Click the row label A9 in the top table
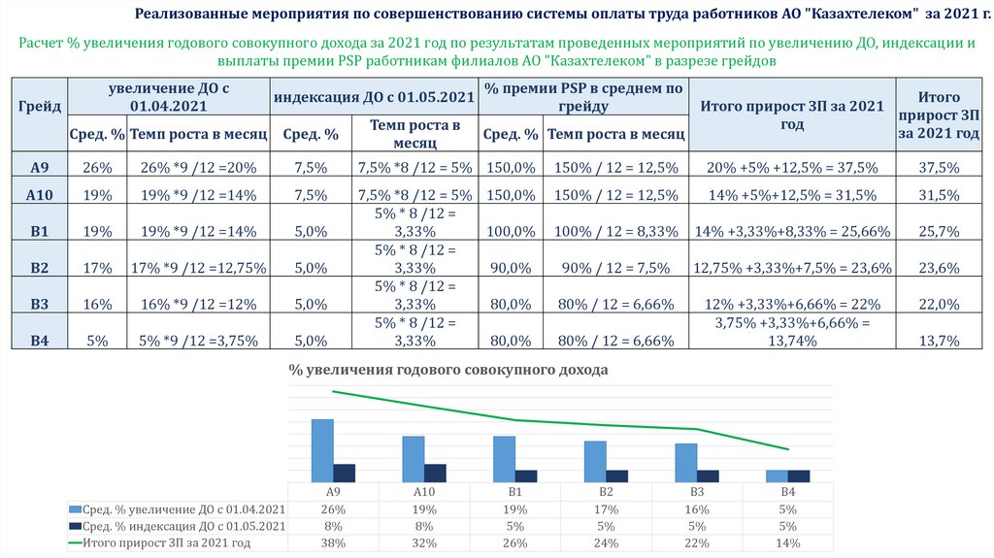tap(39, 167)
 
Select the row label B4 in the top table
tap(39, 340)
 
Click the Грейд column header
tap(39, 106)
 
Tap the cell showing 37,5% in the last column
tap(939, 167)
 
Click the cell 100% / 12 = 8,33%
tap(614, 232)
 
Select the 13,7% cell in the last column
tap(939, 340)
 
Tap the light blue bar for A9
tap(322, 449)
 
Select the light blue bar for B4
tap(777, 476)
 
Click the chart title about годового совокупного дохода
tap(448, 370)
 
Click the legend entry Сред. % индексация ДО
tap(182, 526)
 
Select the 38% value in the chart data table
tap(333, 542)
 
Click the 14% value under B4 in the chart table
tap(787, 542)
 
